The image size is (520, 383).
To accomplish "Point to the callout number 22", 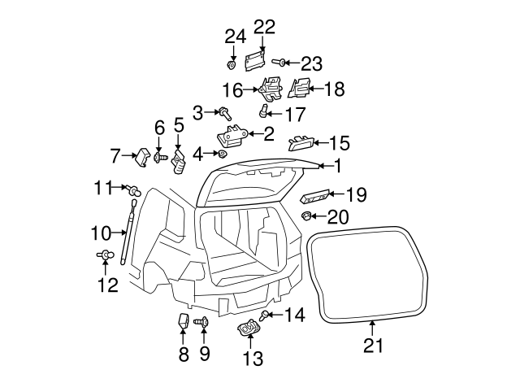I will pyautogui.click(x=263, y=26).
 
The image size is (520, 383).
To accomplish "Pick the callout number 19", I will pyautogui.click(x=356, y=195).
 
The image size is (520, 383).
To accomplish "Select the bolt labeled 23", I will pyautogui.click(x=279, y=62).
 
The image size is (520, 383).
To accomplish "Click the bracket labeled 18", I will pyautogui.click(x=298, y=88).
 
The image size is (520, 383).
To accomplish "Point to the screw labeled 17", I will pyautogui.click(x=263, y=111).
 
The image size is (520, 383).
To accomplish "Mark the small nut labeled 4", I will pyautogui.click(x=222, y=154).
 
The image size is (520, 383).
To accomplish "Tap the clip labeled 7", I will pyautogui.click(x=143, y=156).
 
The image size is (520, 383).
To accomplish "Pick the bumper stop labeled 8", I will pyautogui.click(x=184, y=321).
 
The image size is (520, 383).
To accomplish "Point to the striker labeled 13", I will pyautogui.click(x=249, y=329).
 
